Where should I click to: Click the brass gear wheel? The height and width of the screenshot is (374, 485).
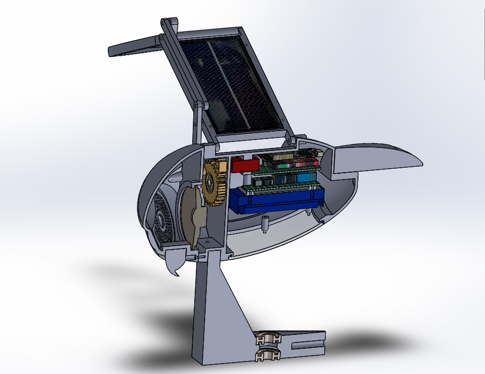(214, 185)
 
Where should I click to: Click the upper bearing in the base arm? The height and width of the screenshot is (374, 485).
(268, 339)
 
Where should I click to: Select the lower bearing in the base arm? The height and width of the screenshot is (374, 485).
(268, 355)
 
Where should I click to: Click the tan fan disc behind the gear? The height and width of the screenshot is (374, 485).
(190, 213)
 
